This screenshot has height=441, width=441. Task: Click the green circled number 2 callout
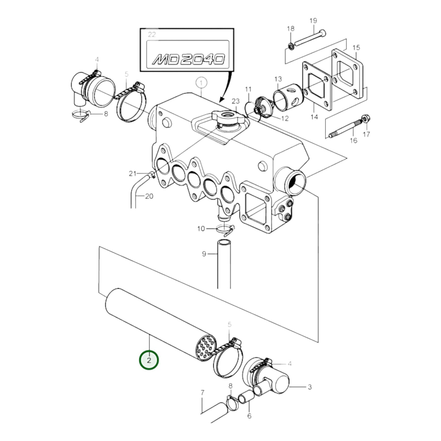click(149, 360)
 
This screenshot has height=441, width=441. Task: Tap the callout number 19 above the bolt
click(313, 21)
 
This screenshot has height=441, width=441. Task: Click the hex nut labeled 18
click(291, 47)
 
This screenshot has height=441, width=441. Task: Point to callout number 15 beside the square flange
click(356, 47)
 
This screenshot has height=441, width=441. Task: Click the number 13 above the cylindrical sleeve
click(278, 79)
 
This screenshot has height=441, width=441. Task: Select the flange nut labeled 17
click(364, 119)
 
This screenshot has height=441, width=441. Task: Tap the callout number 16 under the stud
click(353, 140)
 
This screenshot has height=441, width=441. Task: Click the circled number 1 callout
click(201, 82)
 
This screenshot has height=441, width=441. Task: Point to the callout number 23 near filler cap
click(236, 101)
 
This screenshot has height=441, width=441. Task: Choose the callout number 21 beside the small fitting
click(132, 174)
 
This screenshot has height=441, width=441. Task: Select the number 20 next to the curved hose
click(149, 196)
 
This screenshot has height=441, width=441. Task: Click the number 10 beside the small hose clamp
click(201, 228)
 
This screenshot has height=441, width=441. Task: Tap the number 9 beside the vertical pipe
click(204, 254)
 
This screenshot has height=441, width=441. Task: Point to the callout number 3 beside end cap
click(309, 387)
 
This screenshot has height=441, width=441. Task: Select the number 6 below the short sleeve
click(249, 416)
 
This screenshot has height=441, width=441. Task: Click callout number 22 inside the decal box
click(151, 34)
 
